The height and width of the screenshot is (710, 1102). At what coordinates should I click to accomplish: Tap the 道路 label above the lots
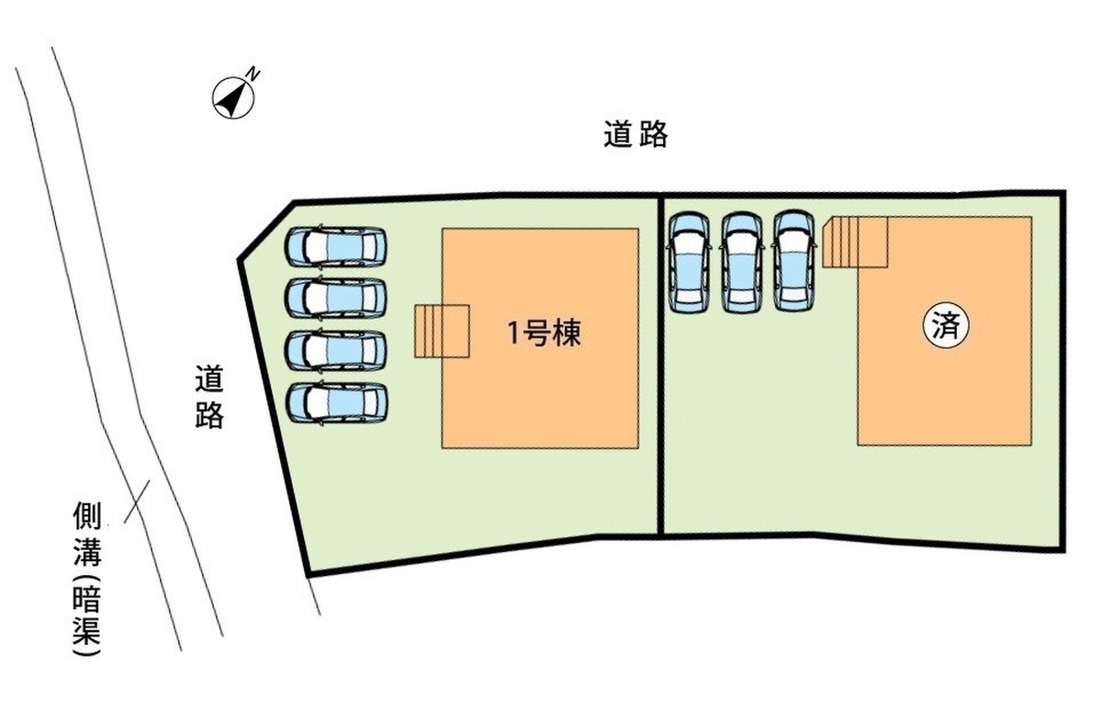point(635,136)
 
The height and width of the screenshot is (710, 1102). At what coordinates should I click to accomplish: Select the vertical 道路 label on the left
point(209,398)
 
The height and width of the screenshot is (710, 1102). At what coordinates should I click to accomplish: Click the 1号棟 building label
point(545,334)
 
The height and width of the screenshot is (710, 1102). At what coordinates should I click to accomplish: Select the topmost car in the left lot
point(336,246)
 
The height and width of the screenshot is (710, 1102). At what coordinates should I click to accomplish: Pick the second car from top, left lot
point(336,298)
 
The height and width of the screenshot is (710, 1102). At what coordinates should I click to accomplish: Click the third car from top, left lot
point(336,350)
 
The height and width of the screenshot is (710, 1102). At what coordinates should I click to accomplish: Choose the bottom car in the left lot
point(336,402)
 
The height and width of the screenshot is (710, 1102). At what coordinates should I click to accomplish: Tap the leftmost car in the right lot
point(690,263)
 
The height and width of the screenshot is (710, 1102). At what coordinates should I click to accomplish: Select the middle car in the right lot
point(742,263)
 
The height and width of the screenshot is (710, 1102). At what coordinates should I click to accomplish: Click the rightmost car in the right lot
point(794,263)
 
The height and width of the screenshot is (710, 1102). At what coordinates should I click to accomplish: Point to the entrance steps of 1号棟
point(442,331)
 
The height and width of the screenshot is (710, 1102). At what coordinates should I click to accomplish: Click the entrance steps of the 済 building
point(854,242)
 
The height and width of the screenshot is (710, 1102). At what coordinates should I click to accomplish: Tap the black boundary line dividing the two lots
point(660,367)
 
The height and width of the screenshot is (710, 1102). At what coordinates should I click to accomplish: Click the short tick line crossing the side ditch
point(136,502)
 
